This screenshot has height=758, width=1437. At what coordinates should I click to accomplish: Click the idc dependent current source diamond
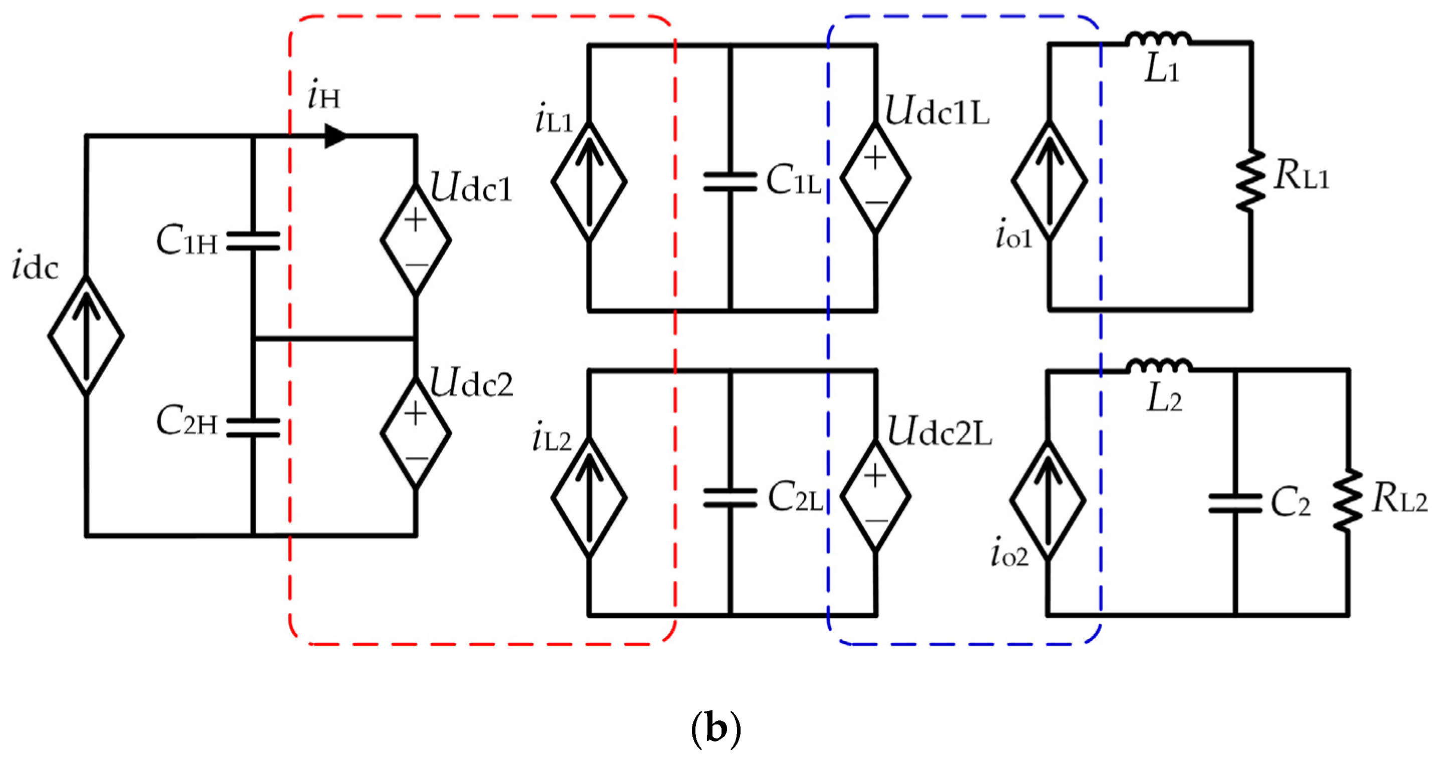click(x=86, y=336)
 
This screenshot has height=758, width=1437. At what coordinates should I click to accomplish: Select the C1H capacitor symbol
click(x=253, y=241)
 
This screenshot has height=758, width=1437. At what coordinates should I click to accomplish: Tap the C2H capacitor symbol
click(x=253, y=427)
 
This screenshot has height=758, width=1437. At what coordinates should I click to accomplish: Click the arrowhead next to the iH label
click(x=335, y=136)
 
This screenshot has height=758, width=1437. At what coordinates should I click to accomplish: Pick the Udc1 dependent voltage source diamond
click(x=416, y=240)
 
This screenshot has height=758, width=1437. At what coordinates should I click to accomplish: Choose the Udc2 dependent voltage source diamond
click(x=416, y=433)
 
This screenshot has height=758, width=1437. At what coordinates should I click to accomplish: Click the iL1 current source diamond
click(x=589, y=181)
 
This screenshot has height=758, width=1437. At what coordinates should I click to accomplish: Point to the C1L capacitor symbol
click(x=730, y=182)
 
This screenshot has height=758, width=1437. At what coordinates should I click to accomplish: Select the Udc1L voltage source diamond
click(x=875, y=178)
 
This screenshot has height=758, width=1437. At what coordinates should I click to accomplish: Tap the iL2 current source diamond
click(x=589, y=496)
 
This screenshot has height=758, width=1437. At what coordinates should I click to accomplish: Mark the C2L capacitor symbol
click(x=730, y=497)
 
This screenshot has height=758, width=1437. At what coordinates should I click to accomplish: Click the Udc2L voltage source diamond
click(x=875, y=495)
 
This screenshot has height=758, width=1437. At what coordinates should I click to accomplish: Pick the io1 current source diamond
click(x=1049, y=180)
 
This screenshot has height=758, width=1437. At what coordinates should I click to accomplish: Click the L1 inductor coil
click(x=1159, y=39)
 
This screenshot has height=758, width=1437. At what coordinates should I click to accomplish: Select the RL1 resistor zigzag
click(x=1250, y=180)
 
